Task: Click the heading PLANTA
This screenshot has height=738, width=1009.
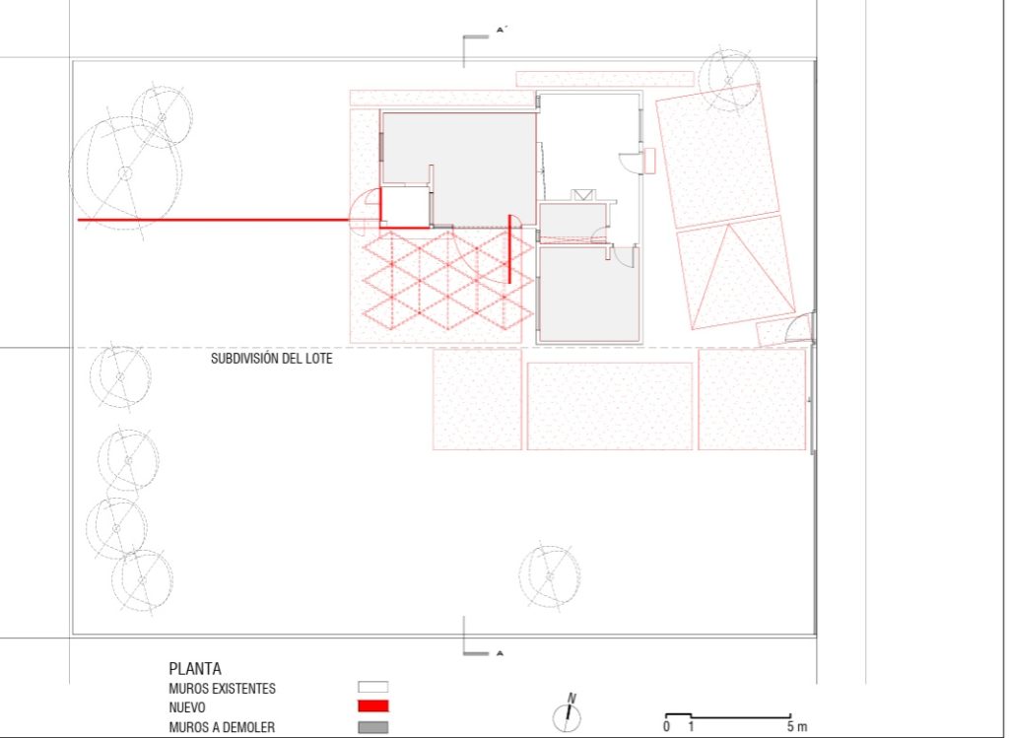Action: [195, 668]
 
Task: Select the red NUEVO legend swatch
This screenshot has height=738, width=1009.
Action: [373, 705]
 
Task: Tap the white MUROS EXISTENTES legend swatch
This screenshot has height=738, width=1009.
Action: [373, 687]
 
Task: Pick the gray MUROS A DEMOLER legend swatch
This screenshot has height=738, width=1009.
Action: [373, 727]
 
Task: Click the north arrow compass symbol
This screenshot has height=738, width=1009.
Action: [568, 713]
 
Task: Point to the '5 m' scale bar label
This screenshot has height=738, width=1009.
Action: [796, 726]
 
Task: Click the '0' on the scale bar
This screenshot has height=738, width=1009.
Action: [666, 726]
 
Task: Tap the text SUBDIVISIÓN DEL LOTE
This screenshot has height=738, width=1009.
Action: [272, 359]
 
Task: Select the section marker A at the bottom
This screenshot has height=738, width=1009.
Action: [500, 653]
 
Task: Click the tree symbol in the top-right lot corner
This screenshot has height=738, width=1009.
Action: [729, 80]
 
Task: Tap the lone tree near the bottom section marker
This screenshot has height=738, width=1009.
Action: [550, 576]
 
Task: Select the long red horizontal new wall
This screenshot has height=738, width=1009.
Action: [213, 220]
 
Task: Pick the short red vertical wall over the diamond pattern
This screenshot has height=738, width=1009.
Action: [509, 249]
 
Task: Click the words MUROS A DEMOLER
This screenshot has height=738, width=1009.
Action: [222, 727]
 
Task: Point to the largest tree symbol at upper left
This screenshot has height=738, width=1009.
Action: [125, 172]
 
